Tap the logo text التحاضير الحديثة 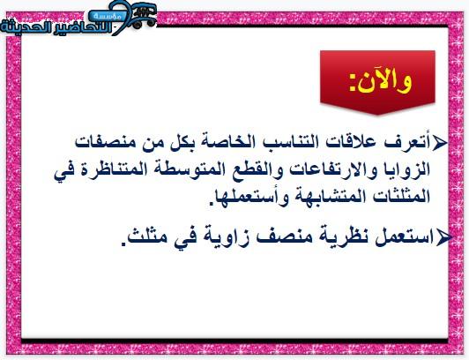point(56,27)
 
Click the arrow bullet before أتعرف point(439,142)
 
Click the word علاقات point(349,142)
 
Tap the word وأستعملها point(248,198)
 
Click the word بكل point(181,142)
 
